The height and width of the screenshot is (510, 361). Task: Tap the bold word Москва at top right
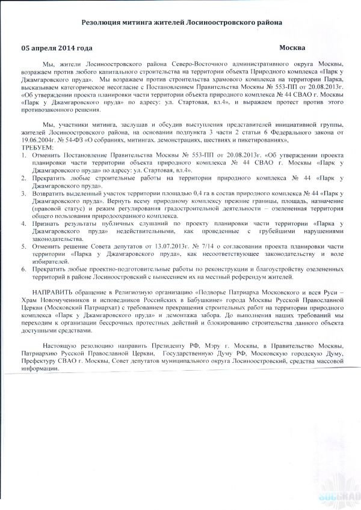292,47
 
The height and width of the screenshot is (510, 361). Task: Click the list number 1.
23,155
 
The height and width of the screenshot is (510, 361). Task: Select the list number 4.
23,223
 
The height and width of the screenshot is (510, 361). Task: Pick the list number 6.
23,269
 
